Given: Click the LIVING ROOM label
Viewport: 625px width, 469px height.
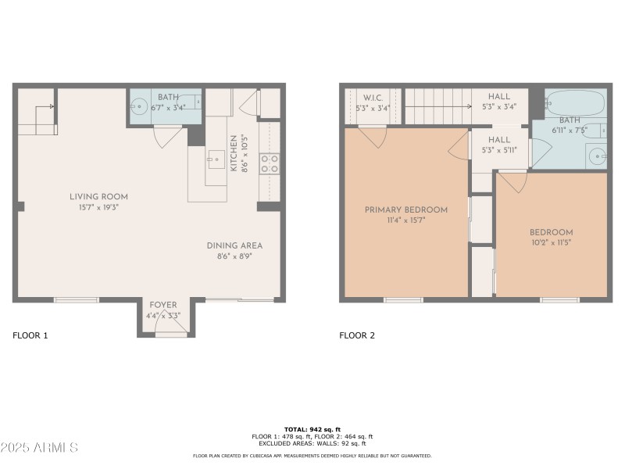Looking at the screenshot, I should (x=98, y=197).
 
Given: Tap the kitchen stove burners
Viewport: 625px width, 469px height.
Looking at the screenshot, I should (x=270, y=163).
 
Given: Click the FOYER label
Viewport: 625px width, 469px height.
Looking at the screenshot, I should (x=163, y=305).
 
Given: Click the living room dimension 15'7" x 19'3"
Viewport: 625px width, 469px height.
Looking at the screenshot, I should (x=98, y=208).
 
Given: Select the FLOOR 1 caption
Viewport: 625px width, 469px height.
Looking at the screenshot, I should (x=30, y=336).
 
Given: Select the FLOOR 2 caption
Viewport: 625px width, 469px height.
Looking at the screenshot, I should (x=357, y=336).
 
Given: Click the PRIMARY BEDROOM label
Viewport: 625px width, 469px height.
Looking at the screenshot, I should (x=406, y=209).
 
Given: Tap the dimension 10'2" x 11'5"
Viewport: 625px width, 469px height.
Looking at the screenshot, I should (x=552, y=243).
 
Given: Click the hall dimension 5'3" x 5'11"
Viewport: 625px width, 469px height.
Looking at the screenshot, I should (x=499, y=150).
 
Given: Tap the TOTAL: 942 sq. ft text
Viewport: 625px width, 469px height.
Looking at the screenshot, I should (x=312, y=429).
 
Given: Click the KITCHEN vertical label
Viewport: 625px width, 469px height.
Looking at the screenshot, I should (x=233, y=153).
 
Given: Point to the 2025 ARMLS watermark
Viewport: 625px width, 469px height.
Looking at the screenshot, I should (x=39, y=448).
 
